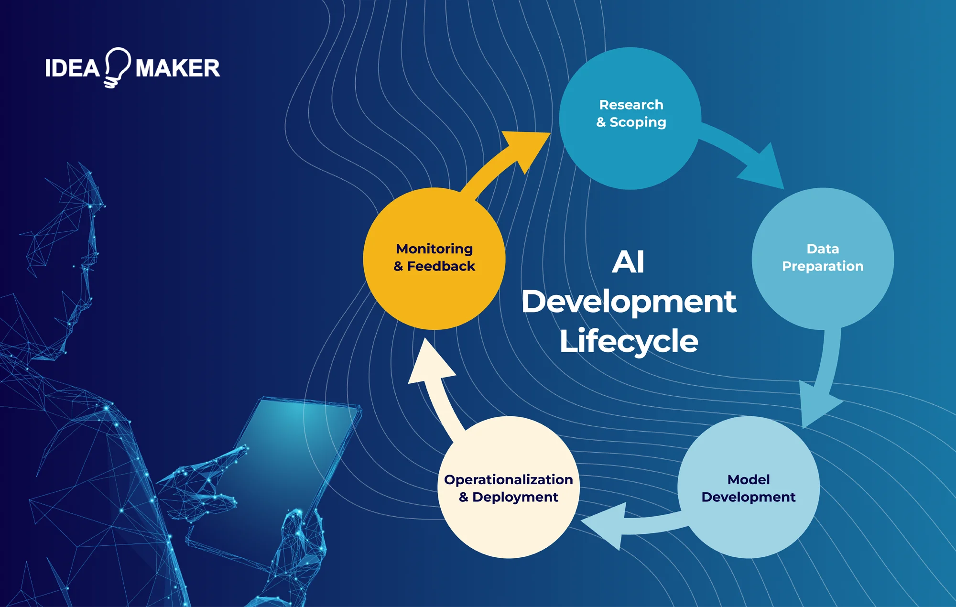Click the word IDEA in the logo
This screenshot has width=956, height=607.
(72, 68)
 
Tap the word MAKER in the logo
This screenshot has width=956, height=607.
(178, 68)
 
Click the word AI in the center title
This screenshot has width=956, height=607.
(628, 262)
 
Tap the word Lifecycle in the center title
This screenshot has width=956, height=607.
(629, 341)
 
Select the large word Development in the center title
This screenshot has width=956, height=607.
(629, 302)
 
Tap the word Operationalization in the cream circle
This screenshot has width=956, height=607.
(508, 479)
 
